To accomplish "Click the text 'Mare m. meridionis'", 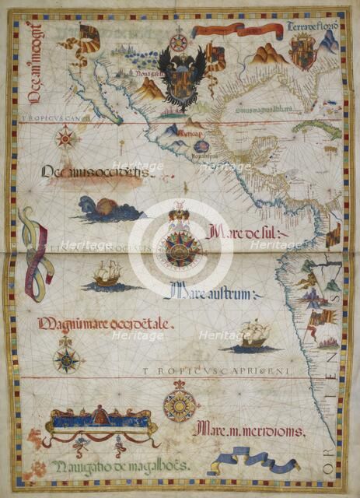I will tap(250, 429).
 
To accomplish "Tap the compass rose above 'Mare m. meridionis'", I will tap(180, 405).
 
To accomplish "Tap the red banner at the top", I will tap(237, 31).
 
